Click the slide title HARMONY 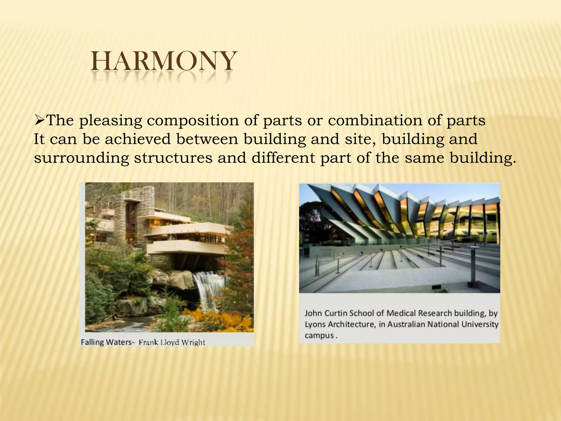click(x=163, y=61)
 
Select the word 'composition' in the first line click(x=193, y=121)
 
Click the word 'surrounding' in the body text click(x=81, y=158)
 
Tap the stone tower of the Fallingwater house click(x=140, y=208)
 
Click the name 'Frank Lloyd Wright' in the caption click(x=172, y=342)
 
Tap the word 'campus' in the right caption click(x=319, y=335)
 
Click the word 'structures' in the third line click(x=173, y=158)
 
